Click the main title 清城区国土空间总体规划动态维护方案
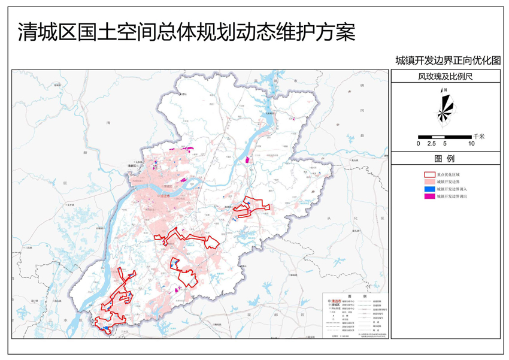click(x=186, y=31)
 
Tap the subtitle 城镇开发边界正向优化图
click(x=447, y=60)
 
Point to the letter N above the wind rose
click(x=444, y=89)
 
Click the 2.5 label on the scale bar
click(x=431, y=144)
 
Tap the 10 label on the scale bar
click(x=471, y=144)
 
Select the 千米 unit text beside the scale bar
click(x=478, y=136)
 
